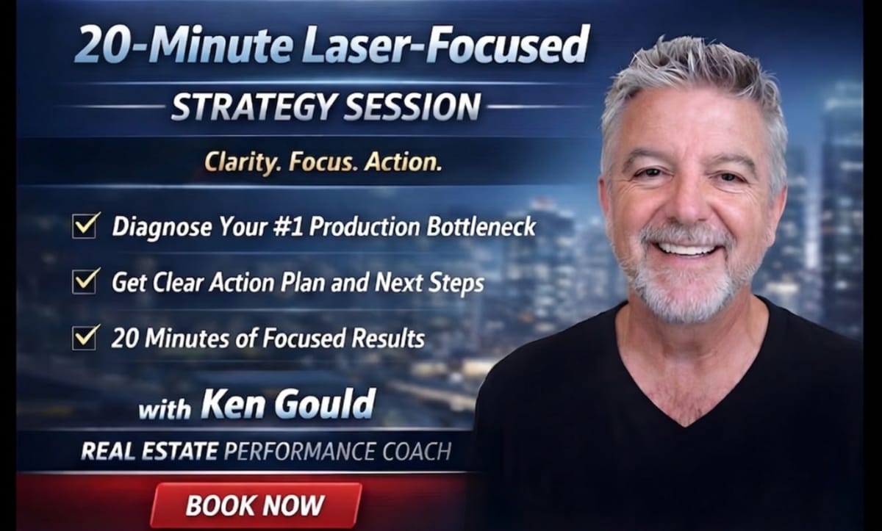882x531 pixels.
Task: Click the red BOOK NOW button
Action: pos(255,505)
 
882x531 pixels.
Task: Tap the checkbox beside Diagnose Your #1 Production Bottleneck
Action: pos(86,225)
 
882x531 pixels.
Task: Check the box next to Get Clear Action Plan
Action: pos(86,281)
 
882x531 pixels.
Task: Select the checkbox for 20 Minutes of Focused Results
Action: pos(86,337)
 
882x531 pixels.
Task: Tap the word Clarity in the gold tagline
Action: pos(242,162)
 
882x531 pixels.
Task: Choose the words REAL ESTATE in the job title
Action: pos(149,450)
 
